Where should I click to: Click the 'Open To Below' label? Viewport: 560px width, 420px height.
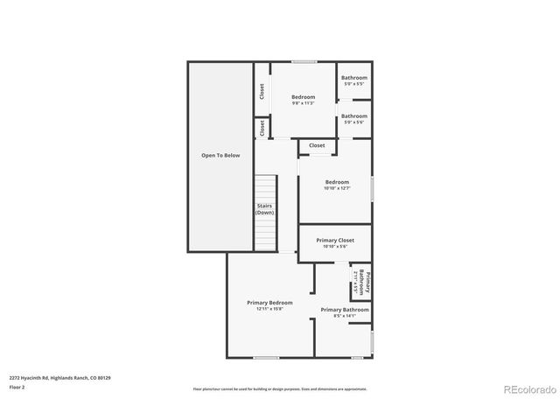pyautogui.click(x=220, y=156)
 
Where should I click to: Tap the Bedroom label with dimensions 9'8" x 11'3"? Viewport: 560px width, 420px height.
pyautogui.click(x=303, y=96)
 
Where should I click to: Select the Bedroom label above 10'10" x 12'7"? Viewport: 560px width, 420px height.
pyautogui.click(x=336, y=182)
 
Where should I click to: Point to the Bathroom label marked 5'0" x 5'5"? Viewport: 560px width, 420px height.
pyautogui.click(x=354, y=78)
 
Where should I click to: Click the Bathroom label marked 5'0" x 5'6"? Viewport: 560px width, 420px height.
pyautogui.click(x=354, y=115)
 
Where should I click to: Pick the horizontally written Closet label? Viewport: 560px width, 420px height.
pyautogui.click(x=317, y=145)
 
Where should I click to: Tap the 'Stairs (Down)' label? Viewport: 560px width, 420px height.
pyautogui.click(x=264, y=209)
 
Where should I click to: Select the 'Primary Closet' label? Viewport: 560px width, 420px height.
pyautogui.click(x=335, y=240)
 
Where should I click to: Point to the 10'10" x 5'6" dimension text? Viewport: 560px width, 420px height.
pyautogui.click(x=335, y=247)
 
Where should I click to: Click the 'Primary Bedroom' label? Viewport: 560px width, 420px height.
pyautogui.click(x=269, y=303)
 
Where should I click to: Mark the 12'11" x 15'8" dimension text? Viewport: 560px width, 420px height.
pyautogui.click(x=269, y=310)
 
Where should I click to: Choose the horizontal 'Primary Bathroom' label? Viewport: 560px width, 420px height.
pyautogui.click(x=344, y=309)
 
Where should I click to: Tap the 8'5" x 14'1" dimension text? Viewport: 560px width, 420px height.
pyautogui.click(x=344, y=316)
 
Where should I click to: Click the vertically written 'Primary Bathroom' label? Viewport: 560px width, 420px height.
pyautogui.click(x=368, y=281)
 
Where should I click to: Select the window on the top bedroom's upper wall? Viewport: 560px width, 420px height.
pyautogui.click(x=304, y=61)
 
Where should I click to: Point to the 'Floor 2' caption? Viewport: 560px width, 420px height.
pyautogui.click(x=17, y=387)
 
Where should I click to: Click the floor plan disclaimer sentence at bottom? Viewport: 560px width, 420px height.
pyautogui.click(x=280, y=388)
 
